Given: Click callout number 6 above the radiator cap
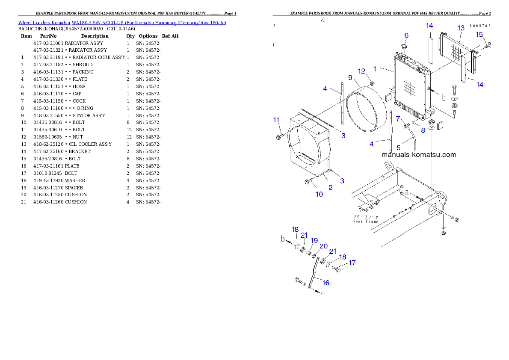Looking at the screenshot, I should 406,35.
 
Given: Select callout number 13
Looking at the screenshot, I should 461,28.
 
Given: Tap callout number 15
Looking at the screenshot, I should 479,34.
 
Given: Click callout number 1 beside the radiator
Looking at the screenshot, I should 375,68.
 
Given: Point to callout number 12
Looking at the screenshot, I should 362,71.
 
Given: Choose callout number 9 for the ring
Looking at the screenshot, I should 350,78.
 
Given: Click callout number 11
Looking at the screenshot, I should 276,120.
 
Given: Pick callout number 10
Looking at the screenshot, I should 319,194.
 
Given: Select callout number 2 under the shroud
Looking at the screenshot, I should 330,187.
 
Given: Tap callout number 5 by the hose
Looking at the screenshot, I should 398,148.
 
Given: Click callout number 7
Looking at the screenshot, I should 398,118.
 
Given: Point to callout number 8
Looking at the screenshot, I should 423,130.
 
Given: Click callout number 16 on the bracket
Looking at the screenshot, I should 326,283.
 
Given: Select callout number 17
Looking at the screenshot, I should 352,263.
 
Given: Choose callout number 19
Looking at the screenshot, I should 314,240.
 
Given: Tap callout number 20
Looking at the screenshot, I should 323,246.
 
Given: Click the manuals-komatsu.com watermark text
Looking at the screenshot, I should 418,155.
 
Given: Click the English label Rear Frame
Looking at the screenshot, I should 365,222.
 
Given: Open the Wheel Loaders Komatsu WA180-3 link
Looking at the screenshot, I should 122,23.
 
